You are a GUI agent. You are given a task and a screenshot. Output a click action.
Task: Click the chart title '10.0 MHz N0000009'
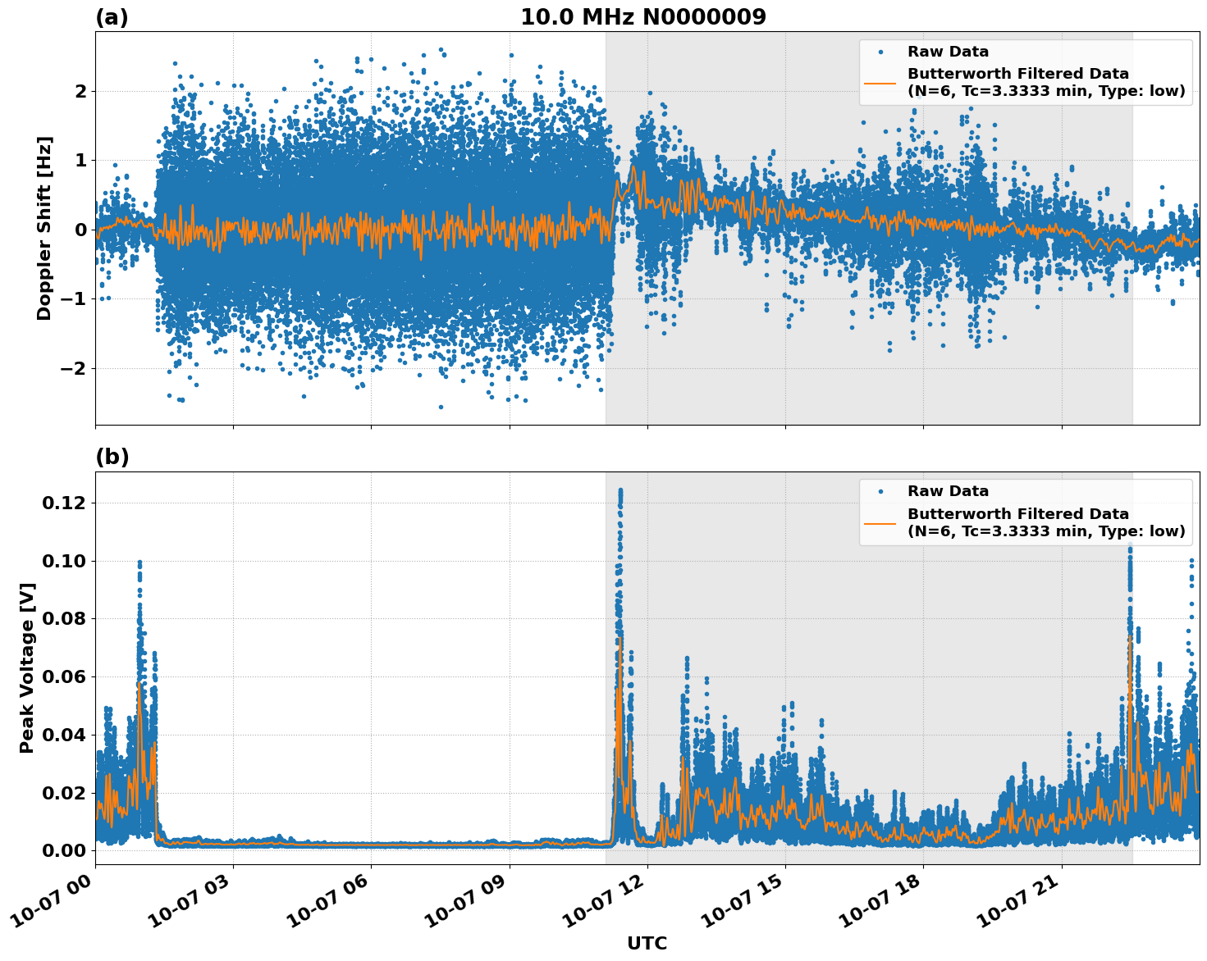coord(642,17)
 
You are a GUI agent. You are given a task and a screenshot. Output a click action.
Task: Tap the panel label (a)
coord(112,17)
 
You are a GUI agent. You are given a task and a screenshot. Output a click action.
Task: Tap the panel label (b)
coord(112,457)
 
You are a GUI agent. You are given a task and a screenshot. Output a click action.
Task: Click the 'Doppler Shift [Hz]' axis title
coord(44,228)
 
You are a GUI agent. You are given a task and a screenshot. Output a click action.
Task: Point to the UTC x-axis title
coord(647,943)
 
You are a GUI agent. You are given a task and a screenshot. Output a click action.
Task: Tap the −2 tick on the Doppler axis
coord(74,368)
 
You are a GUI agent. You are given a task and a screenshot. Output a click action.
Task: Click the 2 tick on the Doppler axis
coord(80,91)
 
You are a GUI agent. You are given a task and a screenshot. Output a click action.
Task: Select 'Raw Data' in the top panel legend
coord(948,52)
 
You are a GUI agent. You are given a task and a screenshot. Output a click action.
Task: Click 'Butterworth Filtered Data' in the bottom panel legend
coord(1017,514)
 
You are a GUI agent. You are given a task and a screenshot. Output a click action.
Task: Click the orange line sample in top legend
coord(880,83)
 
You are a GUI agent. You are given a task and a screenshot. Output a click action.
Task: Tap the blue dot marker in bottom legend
coord(880,491)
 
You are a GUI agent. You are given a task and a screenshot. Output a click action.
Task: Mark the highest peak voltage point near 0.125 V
coord(620,490)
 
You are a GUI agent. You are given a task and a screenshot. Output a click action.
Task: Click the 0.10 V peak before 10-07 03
coord(139,562)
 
